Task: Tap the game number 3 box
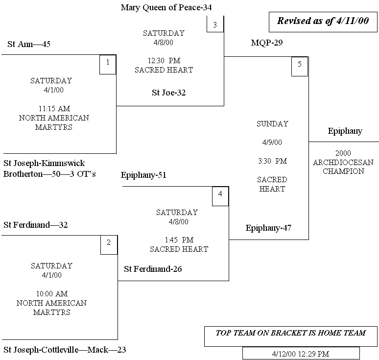[x=214, y=24]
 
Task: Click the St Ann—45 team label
[x=29, y=45]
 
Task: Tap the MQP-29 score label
[x=267, y=43]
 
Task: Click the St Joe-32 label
[x=168, y=93]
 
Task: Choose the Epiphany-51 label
[x=143, y=175]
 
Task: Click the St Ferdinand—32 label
[x=35, y=225]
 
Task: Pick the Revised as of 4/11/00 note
[x=323, y=21]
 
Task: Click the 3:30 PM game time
[x=272, y=161]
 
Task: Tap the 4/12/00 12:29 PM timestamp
[x=301, y=353]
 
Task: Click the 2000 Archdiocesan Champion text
[x=343, y=162]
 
